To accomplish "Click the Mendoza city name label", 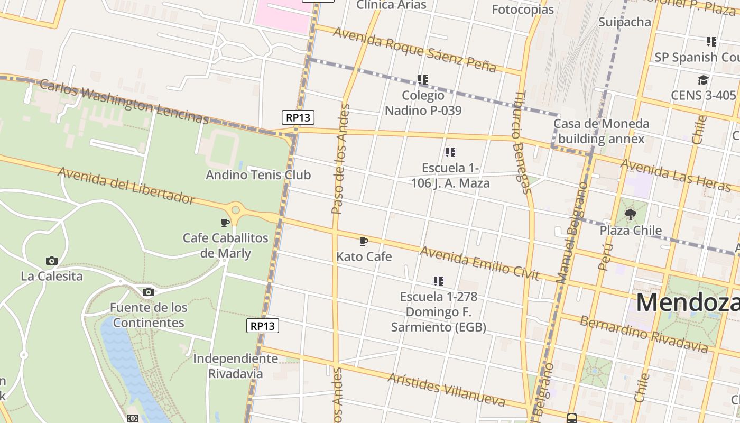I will click(x=687, y=302).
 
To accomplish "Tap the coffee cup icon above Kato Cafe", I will click(x=364, y=242).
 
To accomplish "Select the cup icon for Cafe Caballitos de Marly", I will click(x=225, y=223).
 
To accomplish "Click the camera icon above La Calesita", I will click(x=51, y=261).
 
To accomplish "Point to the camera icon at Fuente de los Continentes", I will click(x=149, y=292).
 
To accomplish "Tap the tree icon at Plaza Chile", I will click(x=630, y=215).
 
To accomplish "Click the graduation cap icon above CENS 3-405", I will click(x=702, y=80).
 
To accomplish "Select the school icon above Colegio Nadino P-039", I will click(x=423, y=80).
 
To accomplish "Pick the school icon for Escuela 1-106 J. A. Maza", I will click(x=450, y=152).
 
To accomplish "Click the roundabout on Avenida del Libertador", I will click(x=236, y=210).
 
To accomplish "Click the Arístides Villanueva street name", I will click(x=446, y=390).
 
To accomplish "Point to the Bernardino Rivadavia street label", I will click(x=644, y=334).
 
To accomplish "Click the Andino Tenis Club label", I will click(x=258, y=175).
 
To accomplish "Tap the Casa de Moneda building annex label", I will click(x=601, y=131).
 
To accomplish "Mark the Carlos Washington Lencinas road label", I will click(x=125, y=102).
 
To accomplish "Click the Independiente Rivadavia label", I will click(x=235, y=366).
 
